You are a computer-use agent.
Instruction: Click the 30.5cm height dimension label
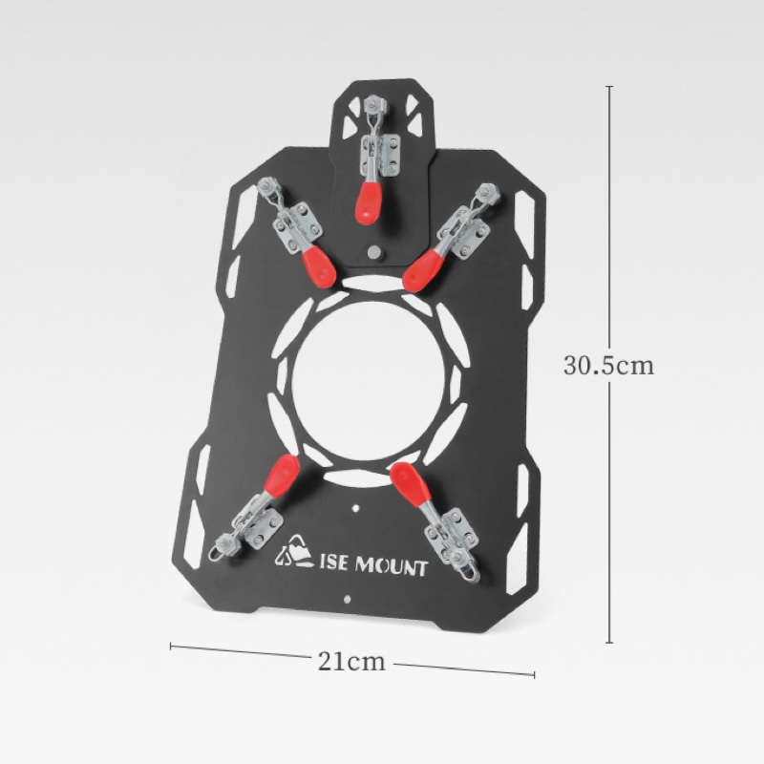click(x=608, y=365)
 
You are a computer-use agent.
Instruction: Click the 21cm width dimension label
click(x=351, y=661)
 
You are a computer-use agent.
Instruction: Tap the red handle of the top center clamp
click(x=369, y=202)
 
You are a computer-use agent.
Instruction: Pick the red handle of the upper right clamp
click(x=424, y=270)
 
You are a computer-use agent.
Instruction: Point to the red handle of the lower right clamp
click(x=410, y=482)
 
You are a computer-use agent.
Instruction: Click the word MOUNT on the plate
click(x=392, y=566)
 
